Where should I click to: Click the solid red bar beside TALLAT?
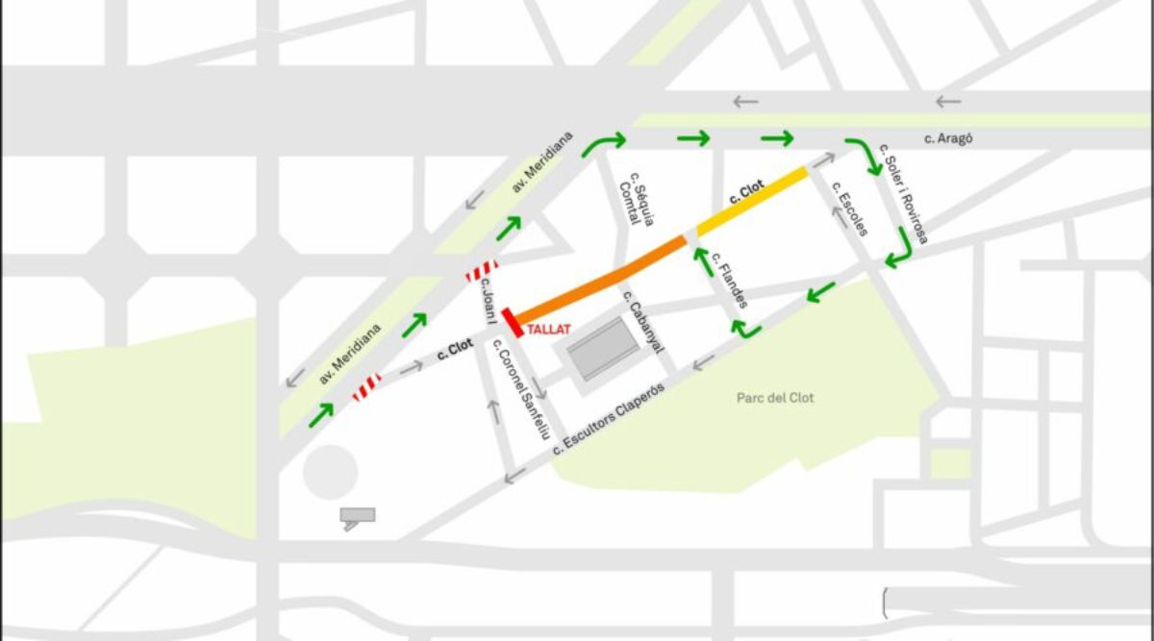click(x=512, y=323)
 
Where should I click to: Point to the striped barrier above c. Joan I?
click(x=481, y=270)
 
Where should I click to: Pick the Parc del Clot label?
click(x=775, y=398)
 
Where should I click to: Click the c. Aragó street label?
click(x=948, y=138)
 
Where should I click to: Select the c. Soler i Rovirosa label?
click(x=904, y=198)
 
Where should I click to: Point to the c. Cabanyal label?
click(x=644, y=321)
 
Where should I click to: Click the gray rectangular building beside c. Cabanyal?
click(x=603, y=349)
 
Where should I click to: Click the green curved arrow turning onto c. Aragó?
click(x=603, y=143)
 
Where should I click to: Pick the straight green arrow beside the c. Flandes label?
click(x=704, y=259)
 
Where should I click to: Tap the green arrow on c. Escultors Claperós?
click(x=820, y=290)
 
